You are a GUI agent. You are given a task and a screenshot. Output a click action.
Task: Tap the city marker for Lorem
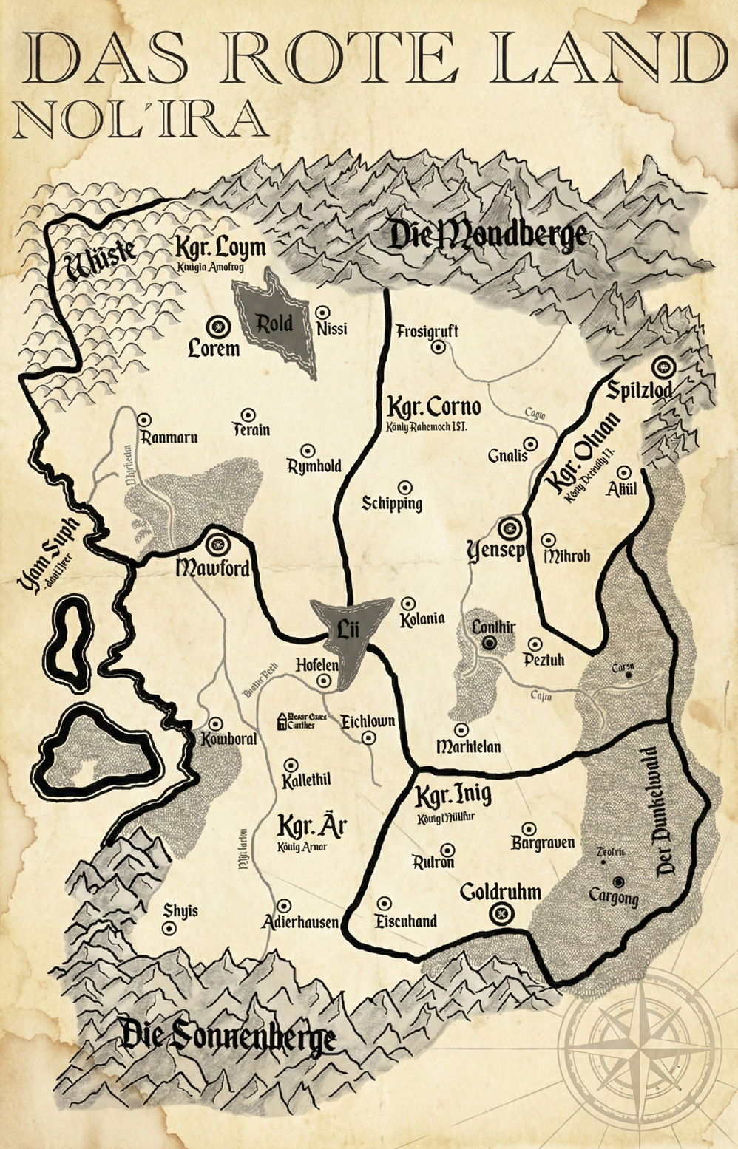point(218,326)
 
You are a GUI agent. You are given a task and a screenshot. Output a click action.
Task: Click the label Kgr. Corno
point(434,407)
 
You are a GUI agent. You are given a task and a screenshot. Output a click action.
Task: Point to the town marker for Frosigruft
point(439,346)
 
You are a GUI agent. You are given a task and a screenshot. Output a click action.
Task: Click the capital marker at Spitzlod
point(662,366)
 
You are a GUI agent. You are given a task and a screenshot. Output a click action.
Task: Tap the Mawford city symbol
point(217,545)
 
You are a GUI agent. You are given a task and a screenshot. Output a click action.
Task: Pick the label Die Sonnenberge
point(228,1038)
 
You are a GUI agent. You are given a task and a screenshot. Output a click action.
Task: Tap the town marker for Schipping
point(404,488)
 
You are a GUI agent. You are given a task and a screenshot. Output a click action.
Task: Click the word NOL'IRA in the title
point(141,120)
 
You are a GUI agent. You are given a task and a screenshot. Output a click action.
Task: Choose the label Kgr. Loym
point(220,246)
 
